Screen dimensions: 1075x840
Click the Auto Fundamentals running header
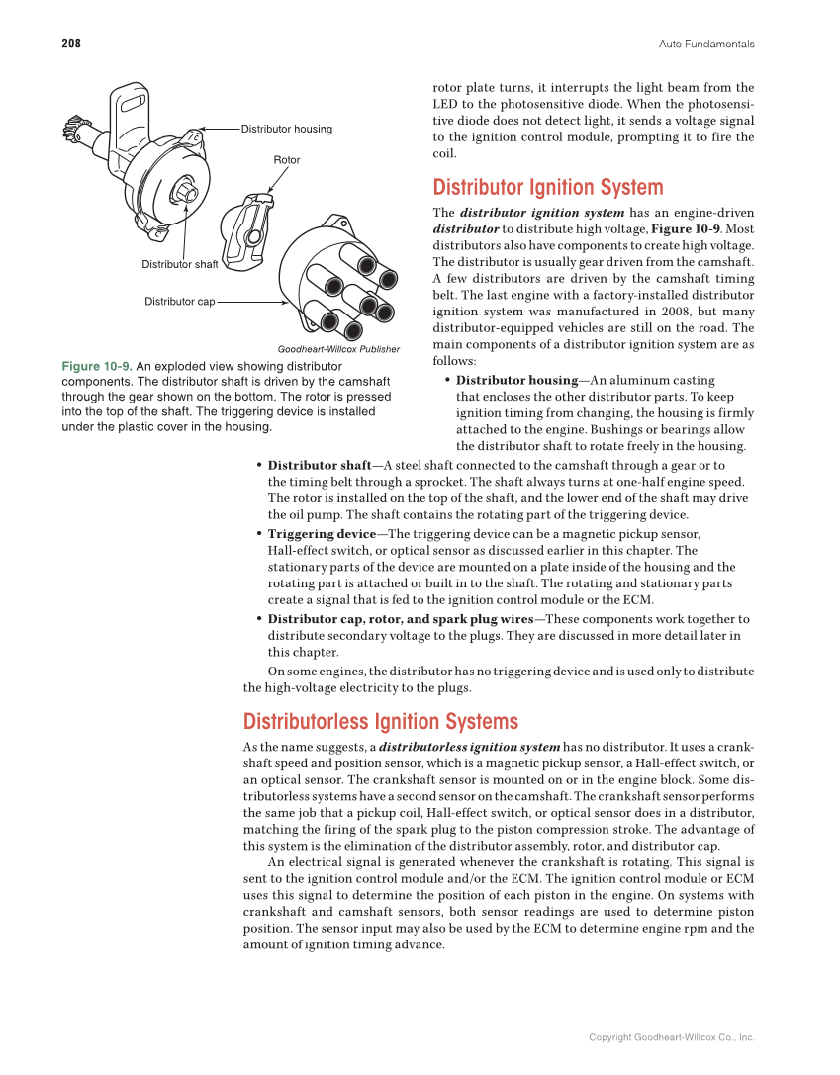coord(706,44)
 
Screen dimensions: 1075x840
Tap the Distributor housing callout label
coord(287,129)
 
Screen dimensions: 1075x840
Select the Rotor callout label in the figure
coord(286,159)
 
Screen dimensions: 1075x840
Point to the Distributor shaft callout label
coord(179,264)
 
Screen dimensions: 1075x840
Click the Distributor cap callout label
coord(180,301)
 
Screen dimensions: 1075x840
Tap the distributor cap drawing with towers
coord(335,276)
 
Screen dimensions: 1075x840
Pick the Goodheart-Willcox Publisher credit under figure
coord(338,349)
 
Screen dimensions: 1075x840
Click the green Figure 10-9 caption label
coord(96,366)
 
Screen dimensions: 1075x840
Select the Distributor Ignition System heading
coord(548,188)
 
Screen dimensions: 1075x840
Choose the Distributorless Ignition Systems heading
coord(380,721)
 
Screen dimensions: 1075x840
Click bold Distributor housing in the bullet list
coord(516,380)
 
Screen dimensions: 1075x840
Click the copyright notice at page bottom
coord(671,1037)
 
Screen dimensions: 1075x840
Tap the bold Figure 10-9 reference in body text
coord(693,228)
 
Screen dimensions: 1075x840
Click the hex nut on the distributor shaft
coord(184,188)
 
